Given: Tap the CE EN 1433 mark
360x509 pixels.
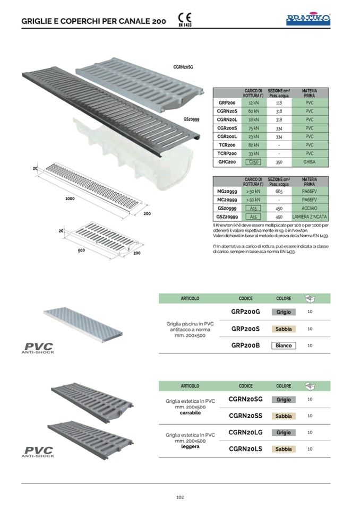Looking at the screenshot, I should coord(184,20).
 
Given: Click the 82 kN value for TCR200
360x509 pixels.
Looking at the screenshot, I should coord(253,144).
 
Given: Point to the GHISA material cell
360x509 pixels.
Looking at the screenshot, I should coord(310,162).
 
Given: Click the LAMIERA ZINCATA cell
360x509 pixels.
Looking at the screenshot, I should coord(310,217).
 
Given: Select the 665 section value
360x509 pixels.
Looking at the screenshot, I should coord(279,191).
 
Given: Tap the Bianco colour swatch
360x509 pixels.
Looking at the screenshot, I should coord(284,346).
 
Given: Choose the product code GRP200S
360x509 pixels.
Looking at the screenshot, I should coord(245,329).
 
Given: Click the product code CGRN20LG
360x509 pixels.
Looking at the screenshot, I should coord(245,433).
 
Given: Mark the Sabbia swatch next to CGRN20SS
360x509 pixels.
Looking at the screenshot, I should coord(284,416).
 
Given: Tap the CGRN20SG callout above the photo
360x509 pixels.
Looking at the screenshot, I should coord(183,67).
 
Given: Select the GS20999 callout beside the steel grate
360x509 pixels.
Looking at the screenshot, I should coord(191,120).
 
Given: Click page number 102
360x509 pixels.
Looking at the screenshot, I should coord(180,497).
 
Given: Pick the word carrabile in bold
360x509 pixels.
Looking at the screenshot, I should coord(190,412).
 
